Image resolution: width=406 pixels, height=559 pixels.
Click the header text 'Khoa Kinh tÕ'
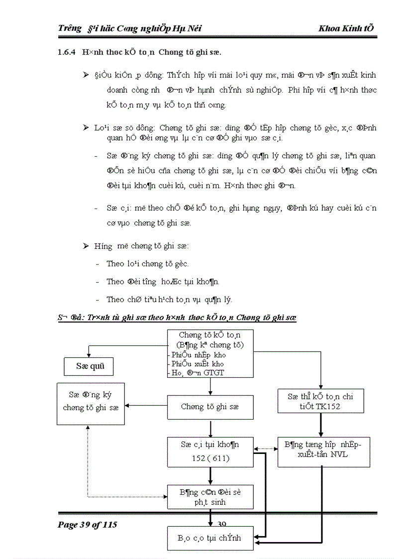(346, 28)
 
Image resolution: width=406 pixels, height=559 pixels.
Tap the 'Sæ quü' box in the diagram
(88, 367)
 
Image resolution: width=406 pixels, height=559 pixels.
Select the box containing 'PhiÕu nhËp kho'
(209, 353)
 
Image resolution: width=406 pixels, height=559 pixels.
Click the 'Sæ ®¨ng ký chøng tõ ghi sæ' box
(91, 403)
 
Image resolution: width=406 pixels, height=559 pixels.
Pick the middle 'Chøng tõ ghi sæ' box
(210, 407)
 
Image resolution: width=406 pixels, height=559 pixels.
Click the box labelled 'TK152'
(320, 401)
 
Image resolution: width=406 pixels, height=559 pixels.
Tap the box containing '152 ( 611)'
(210, 451)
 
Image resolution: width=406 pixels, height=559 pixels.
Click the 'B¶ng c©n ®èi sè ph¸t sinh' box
(210, 497)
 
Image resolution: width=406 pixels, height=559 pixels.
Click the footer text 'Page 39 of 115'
(88, 525)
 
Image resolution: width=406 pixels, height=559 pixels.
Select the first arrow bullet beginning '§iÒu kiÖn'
(85, 75)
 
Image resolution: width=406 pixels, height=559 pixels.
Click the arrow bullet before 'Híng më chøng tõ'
(85, 246)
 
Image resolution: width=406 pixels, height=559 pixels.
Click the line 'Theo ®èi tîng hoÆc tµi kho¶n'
(163, 282)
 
